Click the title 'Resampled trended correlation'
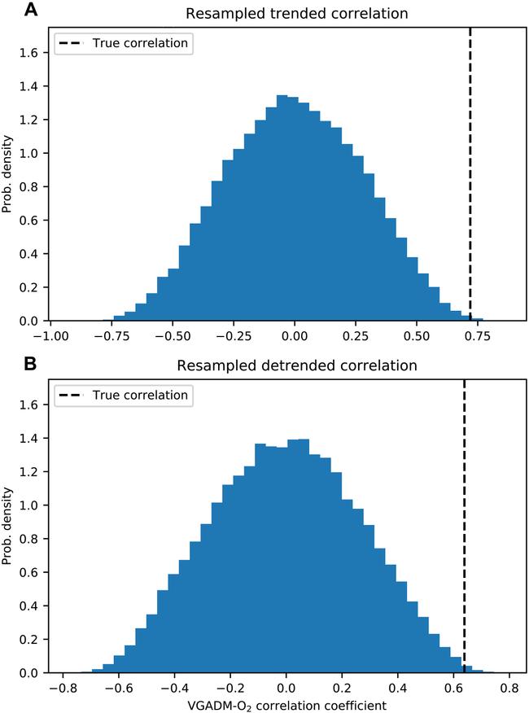click(285, 14)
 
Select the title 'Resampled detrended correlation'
click(285, 366)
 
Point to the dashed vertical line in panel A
click(470, 163)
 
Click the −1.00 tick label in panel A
click(53, 335)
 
